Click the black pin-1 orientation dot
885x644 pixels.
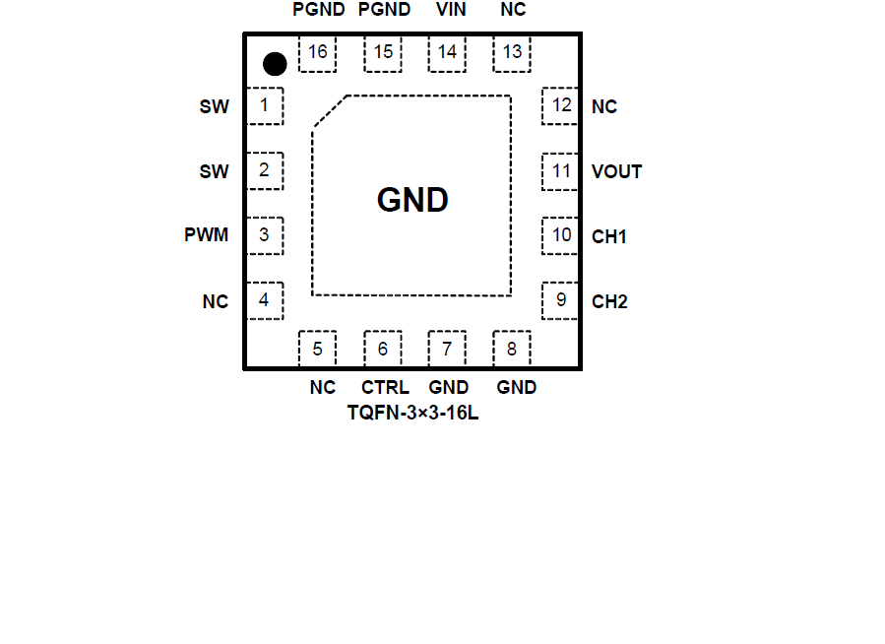[275, 64]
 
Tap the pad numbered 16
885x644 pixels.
[317, 53]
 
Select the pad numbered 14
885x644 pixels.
[447, 53]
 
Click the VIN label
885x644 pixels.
[451, 10]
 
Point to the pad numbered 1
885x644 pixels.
[264, 105]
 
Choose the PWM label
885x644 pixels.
[206, 235]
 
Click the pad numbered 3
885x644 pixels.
[264, 235]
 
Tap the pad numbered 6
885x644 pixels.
[382, 349]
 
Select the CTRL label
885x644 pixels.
[385, 387]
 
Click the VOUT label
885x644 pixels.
[617, 171]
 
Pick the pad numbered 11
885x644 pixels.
[560, 171]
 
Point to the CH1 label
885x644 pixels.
[609, 236]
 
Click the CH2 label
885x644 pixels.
[609, 301]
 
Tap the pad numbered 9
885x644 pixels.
[560, 300]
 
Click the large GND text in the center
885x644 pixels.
[412, 201]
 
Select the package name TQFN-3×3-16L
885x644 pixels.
[412, 413]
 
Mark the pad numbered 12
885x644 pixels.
[560, 105]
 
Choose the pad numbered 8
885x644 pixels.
[512, 349]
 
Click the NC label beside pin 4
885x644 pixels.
[216, 301]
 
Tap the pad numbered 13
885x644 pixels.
[512, 53]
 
